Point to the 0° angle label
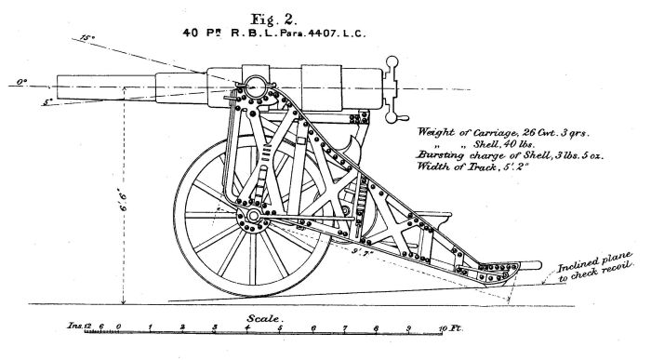point(20,84)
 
